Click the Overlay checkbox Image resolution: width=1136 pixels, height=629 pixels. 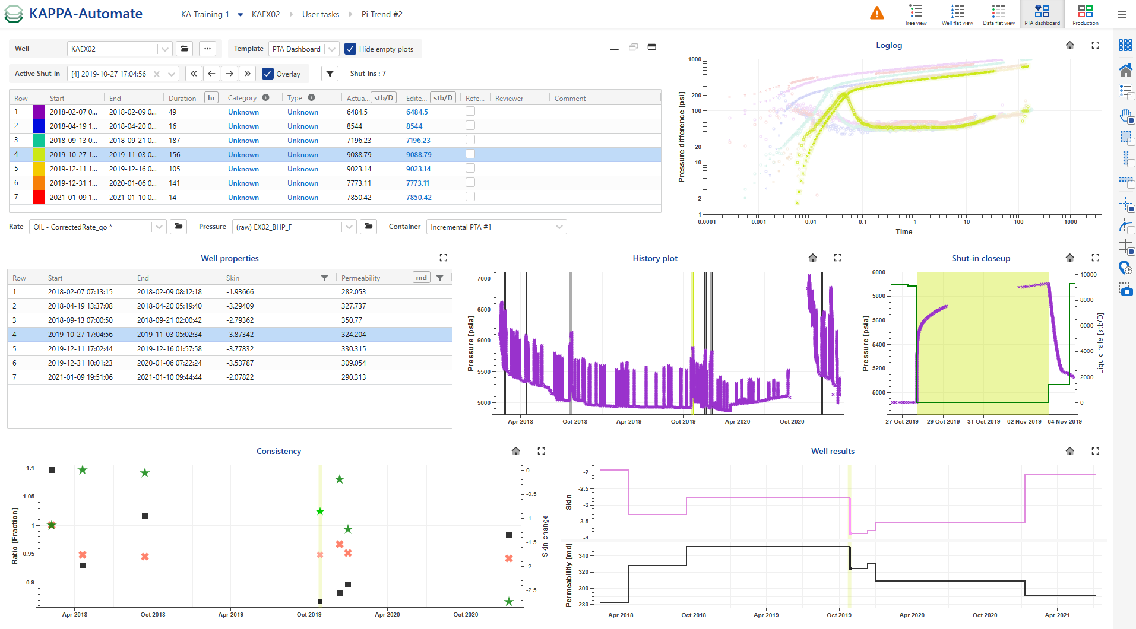268,74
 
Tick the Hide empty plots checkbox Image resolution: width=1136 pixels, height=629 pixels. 350,49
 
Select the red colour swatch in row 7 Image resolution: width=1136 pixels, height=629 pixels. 39,198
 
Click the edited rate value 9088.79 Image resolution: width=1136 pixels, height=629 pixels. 419,155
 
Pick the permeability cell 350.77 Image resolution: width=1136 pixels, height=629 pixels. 352,320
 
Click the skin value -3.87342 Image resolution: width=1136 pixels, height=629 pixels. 240,335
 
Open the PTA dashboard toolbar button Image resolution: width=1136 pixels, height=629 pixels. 1042,14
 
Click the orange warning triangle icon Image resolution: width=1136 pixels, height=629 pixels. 876,13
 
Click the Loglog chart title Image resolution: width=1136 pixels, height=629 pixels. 888,45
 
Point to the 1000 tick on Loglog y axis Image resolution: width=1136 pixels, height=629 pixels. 695,59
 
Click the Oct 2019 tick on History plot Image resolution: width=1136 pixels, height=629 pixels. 683,422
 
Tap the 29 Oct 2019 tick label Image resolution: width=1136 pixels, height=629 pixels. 943,422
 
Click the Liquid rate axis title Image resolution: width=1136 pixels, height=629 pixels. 1100,343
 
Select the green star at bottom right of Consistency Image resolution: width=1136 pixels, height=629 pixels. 508,602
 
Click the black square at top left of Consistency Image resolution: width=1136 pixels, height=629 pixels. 52,470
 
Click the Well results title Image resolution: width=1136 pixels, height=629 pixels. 833,451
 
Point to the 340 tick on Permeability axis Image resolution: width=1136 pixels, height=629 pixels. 583,556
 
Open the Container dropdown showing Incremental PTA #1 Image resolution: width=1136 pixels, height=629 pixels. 496,227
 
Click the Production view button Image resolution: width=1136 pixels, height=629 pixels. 1085,14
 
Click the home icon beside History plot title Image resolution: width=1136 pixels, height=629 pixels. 812,258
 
